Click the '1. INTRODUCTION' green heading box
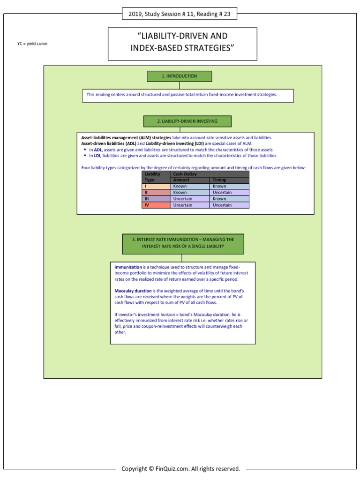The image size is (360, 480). click(180, 76)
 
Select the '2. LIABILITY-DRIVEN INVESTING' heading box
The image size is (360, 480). click(187, 121)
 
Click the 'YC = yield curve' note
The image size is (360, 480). click(32, 44)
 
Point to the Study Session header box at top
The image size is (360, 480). click(180, 14)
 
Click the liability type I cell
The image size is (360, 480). click(156, 186)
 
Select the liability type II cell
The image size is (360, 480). click(156, 192)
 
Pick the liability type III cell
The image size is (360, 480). click(156, 199)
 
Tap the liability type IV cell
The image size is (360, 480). click(156, 205)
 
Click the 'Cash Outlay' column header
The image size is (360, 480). click(210, 174)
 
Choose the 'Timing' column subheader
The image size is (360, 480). click(229, 180)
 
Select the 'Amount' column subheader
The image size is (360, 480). click(190, 180)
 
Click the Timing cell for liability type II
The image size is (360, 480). click(229, 192)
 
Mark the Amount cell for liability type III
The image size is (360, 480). click(190, 199)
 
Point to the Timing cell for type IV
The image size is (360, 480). click(229, 205)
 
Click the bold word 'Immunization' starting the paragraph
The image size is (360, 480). click(128, 267)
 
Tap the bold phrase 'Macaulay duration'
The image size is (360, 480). click(133, 291)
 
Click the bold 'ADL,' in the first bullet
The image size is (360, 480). click(98, 150)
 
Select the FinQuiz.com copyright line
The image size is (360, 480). click(181, 468)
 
